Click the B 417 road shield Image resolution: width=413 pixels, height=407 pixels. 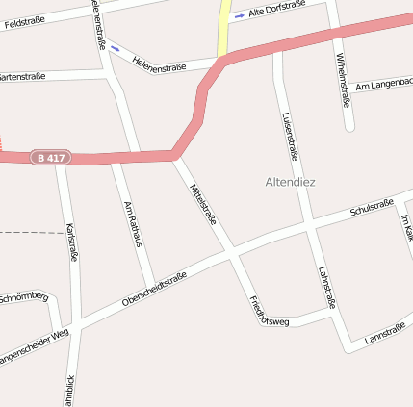52,157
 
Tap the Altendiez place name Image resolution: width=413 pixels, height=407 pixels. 290,181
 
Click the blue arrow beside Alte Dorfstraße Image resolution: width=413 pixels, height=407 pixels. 239,15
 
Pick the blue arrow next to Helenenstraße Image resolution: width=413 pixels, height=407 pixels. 116,46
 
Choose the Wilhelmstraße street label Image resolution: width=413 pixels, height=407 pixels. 344,77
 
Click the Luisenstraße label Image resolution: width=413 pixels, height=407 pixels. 291,135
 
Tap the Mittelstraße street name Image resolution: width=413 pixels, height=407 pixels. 204,204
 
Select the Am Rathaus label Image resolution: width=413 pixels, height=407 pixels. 133,224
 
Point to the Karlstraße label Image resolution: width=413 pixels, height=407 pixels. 71,242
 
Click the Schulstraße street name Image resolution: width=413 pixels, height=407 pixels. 372,207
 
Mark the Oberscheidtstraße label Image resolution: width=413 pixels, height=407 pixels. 154,290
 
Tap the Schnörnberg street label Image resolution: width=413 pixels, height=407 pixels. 23,296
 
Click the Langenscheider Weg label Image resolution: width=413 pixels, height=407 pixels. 34,344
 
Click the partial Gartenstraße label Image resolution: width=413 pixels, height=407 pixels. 21,76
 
